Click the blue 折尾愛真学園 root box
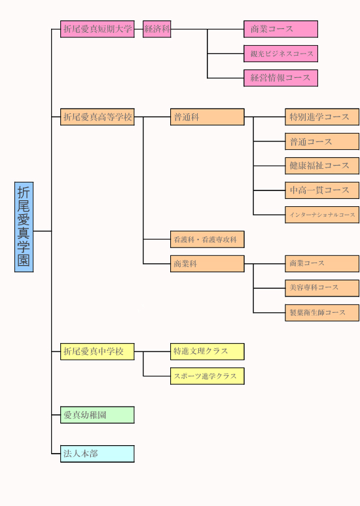24,227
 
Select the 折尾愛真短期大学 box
98,29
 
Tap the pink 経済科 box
157,29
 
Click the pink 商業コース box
281,29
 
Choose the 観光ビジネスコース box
281,54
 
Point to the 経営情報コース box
281,78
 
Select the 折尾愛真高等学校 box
98,117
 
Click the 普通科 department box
207,117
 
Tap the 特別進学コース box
322,117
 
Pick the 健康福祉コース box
322,166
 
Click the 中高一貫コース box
322,190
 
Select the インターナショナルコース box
322,215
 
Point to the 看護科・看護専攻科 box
207,240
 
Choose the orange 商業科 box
207,264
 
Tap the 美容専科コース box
322,288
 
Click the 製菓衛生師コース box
322,313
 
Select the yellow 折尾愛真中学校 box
98,352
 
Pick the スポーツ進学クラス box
207,376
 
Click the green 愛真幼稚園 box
98,415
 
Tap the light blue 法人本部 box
98,454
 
